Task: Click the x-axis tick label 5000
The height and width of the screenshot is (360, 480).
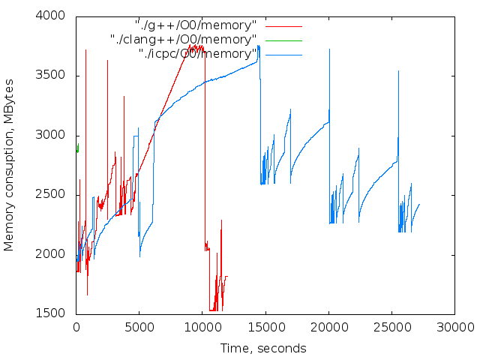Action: pyautogui.click(x=139, y=327)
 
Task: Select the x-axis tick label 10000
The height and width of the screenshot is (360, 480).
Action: pyautogui.click(x=202, y=327)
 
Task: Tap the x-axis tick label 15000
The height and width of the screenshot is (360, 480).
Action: pyautogui.click(x=265, y=327)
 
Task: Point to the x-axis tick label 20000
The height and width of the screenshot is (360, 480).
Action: pyautogui.click(x=328, y=327)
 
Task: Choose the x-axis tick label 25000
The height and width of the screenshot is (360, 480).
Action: pyautogui.click(x=391, y=327)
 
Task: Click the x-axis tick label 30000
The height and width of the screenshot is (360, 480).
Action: pyautogui.click(x=454, y=327)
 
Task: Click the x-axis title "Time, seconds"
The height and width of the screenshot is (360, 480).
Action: pyautogui.click(x=263, y=348)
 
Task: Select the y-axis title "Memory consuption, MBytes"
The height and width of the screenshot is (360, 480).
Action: pyautogui.click(x=10, y=165)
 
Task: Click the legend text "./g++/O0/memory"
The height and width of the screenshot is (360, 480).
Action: pyautogui.click(x=195, y=25)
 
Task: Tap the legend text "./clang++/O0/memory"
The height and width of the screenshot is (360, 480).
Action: pyautogui.click(x=183, y=39)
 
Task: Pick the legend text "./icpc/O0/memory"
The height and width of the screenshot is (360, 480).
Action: pyautogui.click(x=198, y=53)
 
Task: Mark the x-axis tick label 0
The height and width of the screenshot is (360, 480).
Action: pyautogui.click(x=76, y=327)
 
